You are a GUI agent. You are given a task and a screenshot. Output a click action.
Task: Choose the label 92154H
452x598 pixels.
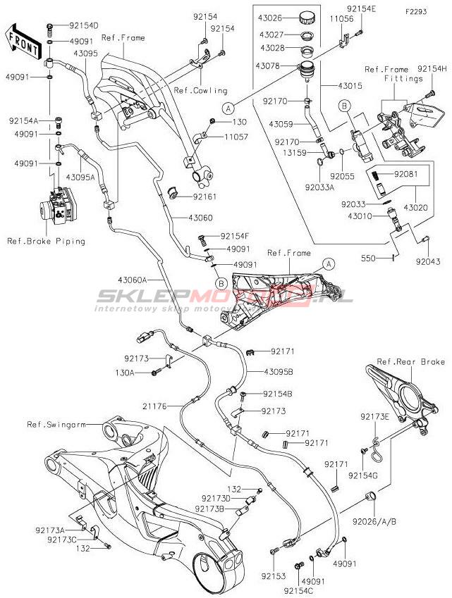[x=432, y=68]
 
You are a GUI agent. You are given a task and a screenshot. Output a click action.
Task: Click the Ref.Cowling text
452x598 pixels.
[x=201, y=90]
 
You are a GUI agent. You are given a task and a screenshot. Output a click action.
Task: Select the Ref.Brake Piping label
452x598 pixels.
[x=46, y=241]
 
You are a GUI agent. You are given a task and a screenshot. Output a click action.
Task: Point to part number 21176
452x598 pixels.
[x=161, y=406]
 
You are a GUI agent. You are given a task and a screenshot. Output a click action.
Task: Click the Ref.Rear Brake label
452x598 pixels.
[x=410, y=362]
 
